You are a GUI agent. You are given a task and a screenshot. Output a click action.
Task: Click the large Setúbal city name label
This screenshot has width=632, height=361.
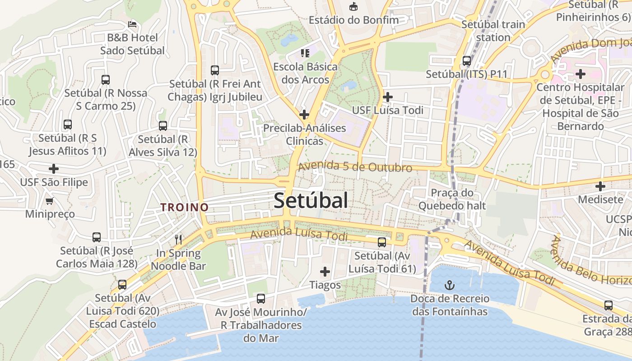tap(311, 200)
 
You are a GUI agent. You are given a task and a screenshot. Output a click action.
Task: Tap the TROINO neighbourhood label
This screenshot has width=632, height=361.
tap(185, 207)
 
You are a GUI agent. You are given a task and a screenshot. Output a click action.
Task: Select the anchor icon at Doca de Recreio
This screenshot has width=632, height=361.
tap(449, 285)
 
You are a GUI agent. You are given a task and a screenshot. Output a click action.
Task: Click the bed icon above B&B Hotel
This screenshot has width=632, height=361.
tap(132, 24)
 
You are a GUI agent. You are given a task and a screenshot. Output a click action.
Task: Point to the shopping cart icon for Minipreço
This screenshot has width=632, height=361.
tap(50, 200)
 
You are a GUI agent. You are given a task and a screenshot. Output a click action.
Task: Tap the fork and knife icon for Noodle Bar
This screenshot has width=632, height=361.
tap(178, 239)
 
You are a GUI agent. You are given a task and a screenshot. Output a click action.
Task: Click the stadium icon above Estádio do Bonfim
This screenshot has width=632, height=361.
tap(353, 6)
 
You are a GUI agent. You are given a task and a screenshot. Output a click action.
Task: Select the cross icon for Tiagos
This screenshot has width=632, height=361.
tap(325, 272)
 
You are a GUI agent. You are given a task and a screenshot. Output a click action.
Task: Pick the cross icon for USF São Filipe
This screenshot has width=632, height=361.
tap(54, 169)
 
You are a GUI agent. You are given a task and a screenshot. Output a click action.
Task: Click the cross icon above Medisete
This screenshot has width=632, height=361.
tap(600, 186)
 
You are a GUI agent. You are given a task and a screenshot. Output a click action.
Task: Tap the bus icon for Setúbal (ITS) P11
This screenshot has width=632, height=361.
tap(467, 60)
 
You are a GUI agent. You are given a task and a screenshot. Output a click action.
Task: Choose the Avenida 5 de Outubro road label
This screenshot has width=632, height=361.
tap(355, 167)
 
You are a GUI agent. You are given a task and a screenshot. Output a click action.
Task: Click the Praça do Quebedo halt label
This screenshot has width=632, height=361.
tap(452, 199)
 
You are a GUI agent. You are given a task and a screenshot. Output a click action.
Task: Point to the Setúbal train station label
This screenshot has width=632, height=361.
tap(493, 31)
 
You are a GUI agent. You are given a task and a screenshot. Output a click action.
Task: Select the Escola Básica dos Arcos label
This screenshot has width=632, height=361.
tap(305, 73)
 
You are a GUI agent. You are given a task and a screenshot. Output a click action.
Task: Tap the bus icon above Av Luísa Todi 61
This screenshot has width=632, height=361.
tap(382, 242)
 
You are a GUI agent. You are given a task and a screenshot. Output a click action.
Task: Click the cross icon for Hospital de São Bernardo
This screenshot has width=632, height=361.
tap(581, 74)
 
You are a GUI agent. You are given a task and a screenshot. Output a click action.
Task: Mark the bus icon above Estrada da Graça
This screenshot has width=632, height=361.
tap(609, 305)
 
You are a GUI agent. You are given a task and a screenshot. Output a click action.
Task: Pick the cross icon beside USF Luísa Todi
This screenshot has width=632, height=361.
tap(387, 97)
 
